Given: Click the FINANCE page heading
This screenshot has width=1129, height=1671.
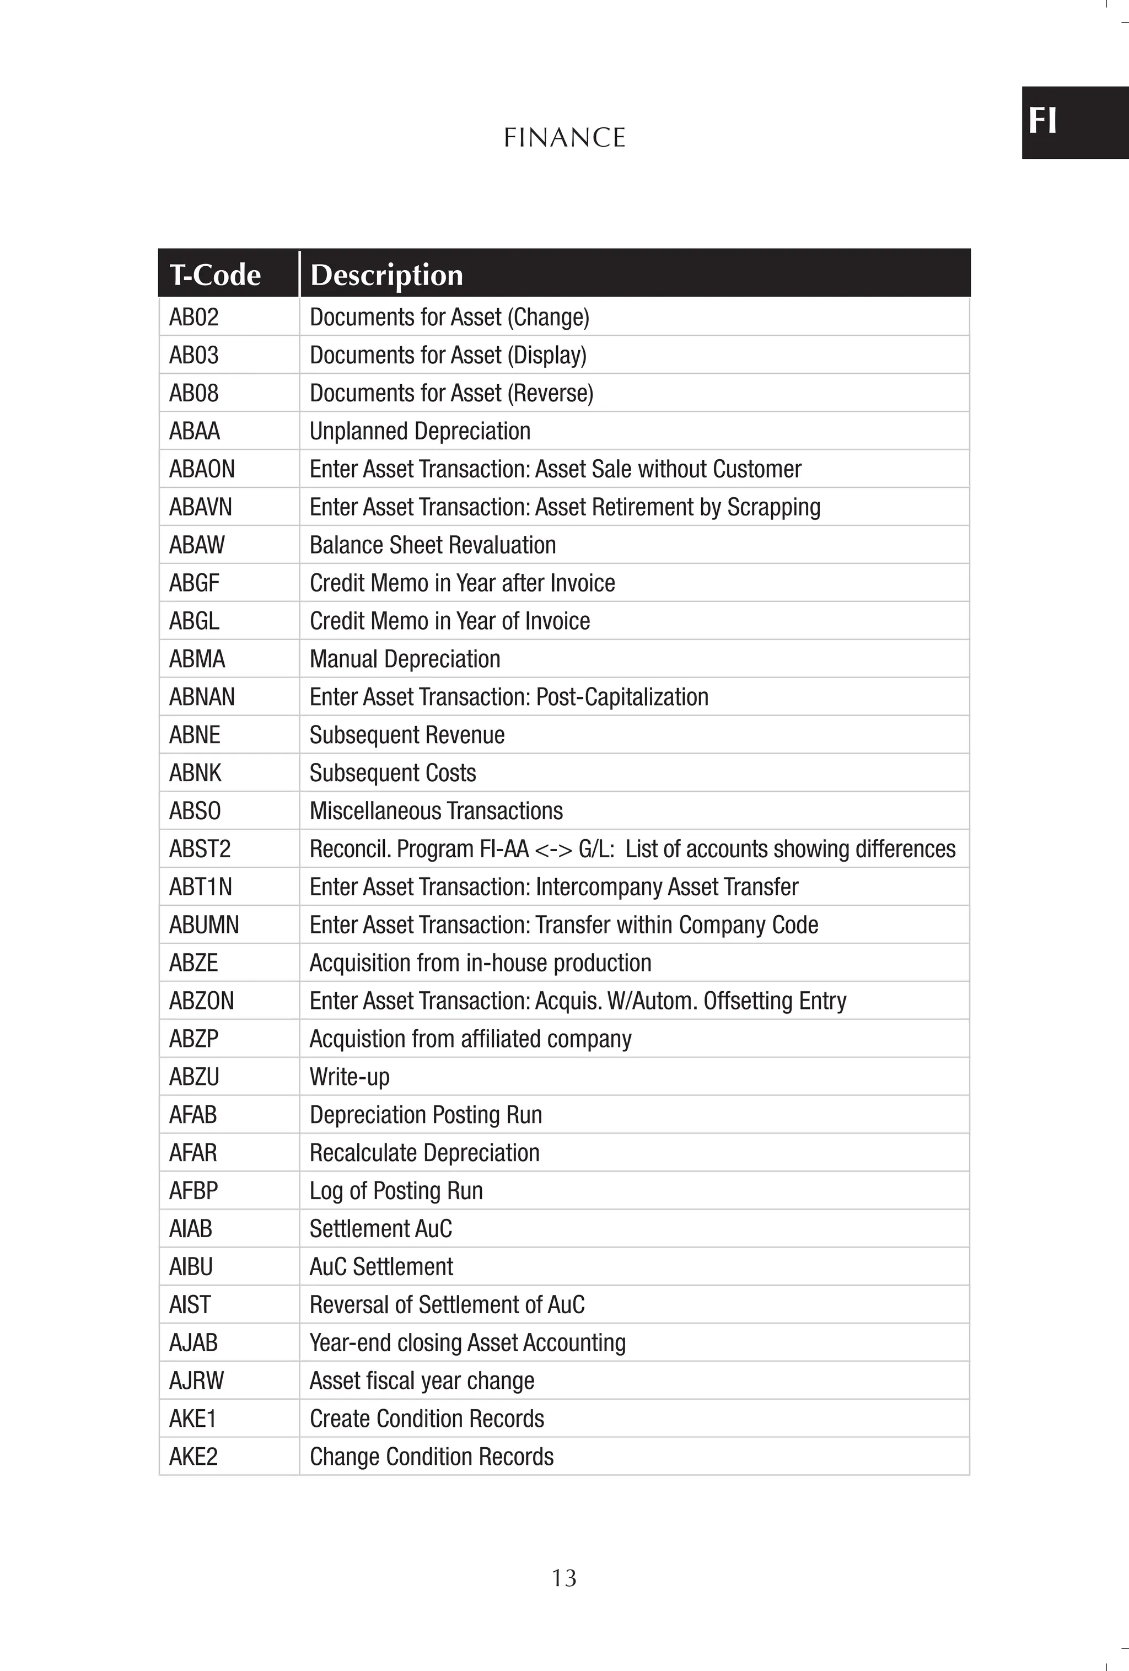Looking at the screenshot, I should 564,137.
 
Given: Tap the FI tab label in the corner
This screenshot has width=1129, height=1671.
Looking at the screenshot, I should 1042,121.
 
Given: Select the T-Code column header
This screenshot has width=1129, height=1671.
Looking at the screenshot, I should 215,275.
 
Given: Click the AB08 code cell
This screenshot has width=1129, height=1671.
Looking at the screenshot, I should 193,393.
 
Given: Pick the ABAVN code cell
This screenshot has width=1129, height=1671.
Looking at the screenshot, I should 200,507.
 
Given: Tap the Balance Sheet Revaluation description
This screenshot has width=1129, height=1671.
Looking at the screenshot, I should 432,545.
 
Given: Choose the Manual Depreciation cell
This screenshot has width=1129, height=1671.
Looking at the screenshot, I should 405,659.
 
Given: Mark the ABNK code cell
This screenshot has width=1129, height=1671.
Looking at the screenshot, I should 195,773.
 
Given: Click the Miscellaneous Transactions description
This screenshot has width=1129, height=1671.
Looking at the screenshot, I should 436,811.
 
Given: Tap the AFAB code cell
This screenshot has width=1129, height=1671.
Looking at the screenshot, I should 193,1115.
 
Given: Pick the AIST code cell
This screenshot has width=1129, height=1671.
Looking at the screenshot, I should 190,1305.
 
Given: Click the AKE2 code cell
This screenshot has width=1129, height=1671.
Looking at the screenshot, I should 193,1457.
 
